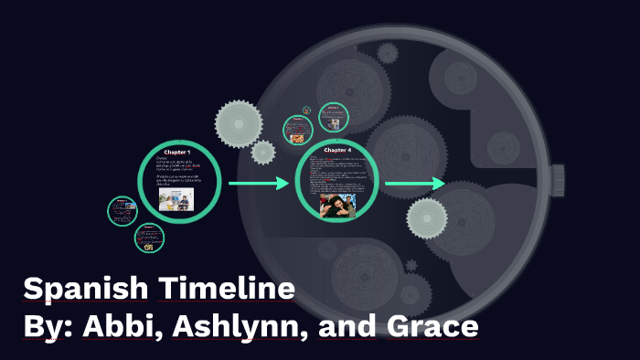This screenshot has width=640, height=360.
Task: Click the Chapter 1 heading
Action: pos(177,151)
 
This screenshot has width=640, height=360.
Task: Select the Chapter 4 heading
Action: pos(337,150)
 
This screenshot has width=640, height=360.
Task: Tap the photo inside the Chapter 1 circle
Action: pos(176,200)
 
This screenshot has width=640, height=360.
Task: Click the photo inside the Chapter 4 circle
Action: pos(336,204)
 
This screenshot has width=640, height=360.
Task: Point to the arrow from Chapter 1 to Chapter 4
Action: pos(258,185)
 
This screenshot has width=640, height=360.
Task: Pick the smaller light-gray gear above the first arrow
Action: pos(263,152)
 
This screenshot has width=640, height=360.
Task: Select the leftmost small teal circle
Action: pos(122,211)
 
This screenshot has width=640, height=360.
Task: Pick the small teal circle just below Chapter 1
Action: pos(149,238)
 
